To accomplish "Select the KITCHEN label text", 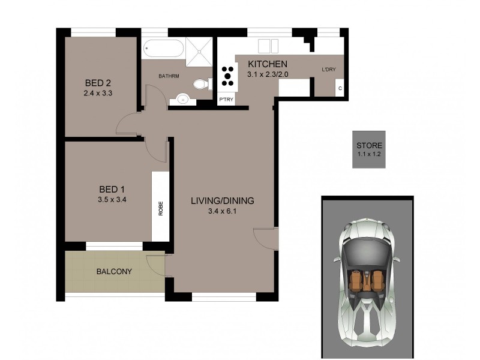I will (x=268, y=64).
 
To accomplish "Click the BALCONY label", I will (x=114, y=271).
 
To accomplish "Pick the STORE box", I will (x=369, y=149).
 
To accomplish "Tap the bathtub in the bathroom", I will (x=163, y=49).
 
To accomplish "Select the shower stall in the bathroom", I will (x=199, y=49).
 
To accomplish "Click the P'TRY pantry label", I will (x=226, y=100).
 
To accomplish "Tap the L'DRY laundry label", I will (x=329, y=70).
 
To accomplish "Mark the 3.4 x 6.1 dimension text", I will (x=222, y=211).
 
